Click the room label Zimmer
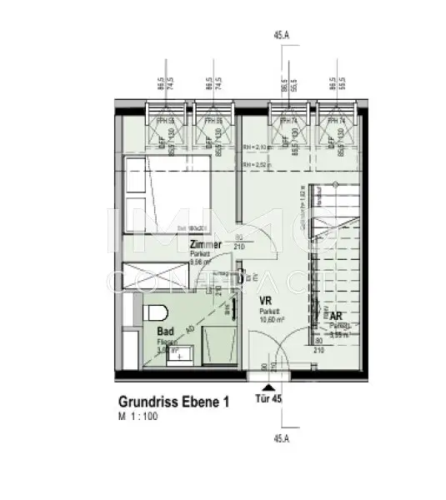point(205,245)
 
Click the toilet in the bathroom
point(155,315)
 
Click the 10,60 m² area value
point(273,317)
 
